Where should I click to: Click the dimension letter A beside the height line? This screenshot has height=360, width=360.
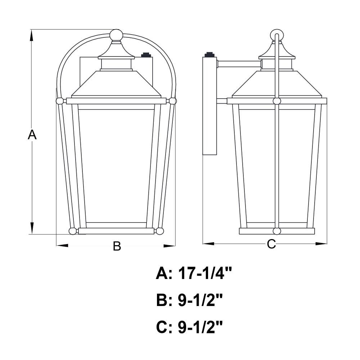coord(32,135)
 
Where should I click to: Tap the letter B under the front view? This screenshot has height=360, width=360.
coord(117,246)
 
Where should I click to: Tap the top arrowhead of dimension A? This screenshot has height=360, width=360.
coord(32,36)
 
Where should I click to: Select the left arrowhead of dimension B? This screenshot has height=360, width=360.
coord(62,246)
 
